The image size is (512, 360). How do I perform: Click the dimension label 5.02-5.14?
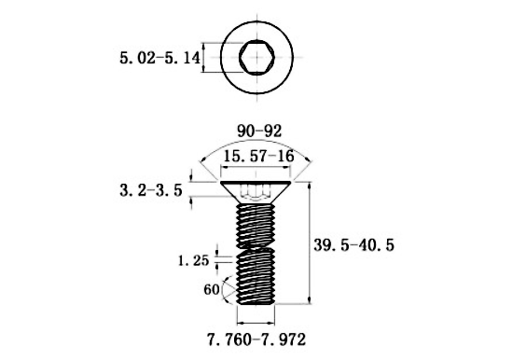[159, 58]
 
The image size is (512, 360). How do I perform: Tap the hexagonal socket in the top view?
[256, 58]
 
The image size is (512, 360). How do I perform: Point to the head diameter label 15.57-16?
[257, 156]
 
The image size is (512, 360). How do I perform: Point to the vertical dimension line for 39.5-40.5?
[310, 243]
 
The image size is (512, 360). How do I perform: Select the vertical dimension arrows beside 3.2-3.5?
[191, 187]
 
